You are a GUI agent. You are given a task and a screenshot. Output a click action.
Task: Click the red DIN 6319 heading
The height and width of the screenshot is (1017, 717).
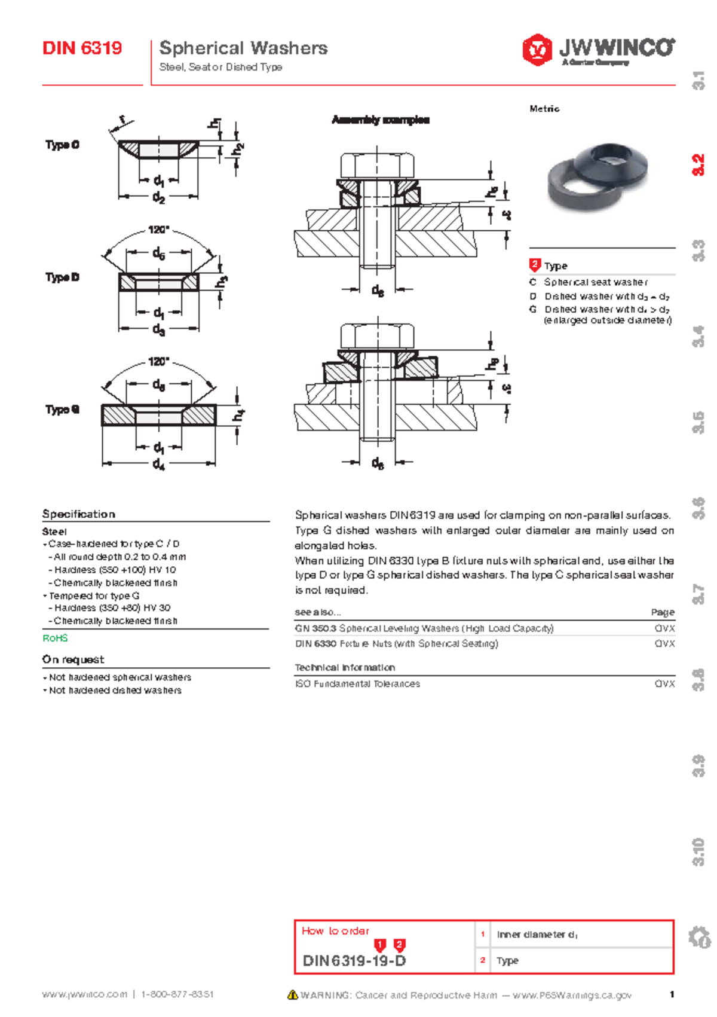[x=82, y=48]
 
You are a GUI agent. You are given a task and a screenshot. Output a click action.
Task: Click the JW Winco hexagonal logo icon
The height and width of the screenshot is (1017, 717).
[x=537, y=49]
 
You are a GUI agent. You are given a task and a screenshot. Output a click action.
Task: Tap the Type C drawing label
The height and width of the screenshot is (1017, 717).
[x=62, y=145]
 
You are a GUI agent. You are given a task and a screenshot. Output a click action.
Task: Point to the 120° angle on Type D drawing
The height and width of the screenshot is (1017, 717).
[x=158, y=230]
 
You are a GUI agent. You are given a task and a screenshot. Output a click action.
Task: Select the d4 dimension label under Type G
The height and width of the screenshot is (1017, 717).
[x=158, y=464]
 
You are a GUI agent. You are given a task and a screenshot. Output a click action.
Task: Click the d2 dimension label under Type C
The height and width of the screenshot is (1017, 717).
[x=158, y=197]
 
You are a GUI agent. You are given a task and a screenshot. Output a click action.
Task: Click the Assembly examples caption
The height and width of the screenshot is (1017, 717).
[x=381, y=120]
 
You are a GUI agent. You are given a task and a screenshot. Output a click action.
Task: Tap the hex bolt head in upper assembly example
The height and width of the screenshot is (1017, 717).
[x=377, y=166]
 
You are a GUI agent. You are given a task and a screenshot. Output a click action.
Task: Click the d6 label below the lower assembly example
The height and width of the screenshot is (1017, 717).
[x=378, y=463]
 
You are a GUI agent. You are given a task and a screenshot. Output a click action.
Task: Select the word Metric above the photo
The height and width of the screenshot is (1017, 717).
[x=544, y=108]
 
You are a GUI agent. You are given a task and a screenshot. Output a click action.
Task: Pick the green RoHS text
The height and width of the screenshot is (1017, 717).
[x=55, y=638]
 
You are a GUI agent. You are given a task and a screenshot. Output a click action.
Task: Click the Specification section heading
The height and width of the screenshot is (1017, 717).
[x=78, y=514]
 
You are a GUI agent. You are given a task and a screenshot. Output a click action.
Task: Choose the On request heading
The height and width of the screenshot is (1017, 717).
[x=73, y=659]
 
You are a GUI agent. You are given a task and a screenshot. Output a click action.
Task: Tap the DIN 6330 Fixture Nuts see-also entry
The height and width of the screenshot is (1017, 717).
[x=396, y=643]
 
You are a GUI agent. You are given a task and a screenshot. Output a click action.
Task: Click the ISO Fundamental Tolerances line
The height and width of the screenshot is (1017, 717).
[x=357, y=683]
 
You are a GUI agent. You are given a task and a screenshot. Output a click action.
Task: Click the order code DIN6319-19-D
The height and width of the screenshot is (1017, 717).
[x=354, y=961]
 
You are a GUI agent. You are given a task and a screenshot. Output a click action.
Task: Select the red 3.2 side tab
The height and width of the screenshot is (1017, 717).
[x=698, y=165]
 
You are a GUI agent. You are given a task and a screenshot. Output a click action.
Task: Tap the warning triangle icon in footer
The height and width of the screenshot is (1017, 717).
[x=293, y=995]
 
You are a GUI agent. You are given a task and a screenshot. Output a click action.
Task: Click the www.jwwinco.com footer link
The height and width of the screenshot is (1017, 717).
[x=84, y=994]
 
